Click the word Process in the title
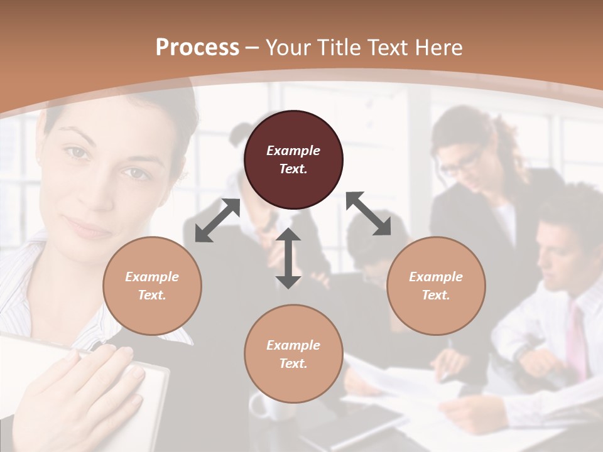click(197, 47)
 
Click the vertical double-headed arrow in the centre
click(288, 258)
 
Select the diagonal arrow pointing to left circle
click(217, 220)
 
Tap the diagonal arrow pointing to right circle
click(369, 214)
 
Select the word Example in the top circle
click(293, 151)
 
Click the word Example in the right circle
click(436, 277)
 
